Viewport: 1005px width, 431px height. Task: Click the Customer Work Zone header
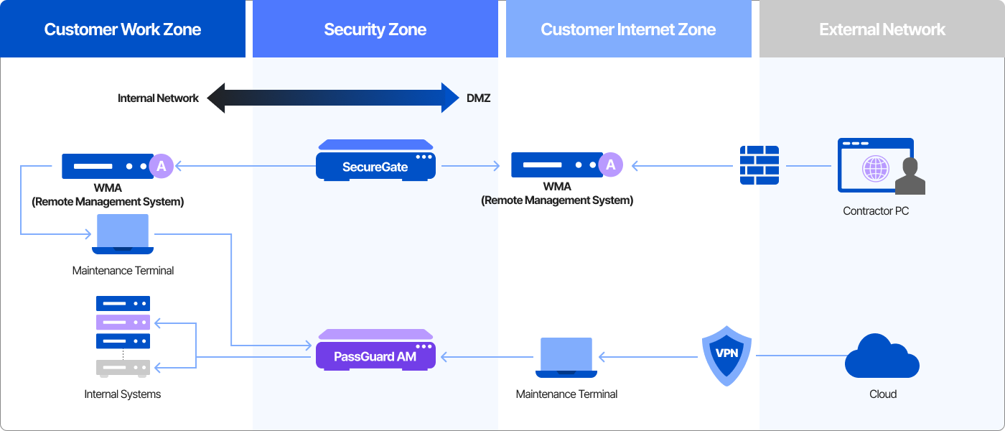tap(123, 29)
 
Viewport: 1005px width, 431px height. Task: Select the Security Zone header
tap(375, 29)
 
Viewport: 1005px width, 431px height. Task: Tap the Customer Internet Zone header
tap(628, 29)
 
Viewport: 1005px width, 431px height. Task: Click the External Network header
tap(882, 29)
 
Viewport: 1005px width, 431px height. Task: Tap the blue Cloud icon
tap(882, 356)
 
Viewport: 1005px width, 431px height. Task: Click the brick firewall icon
tap(759, 166)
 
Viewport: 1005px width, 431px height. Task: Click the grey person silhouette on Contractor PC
tap(910, 177)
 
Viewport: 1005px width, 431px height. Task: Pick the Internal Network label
tap(158, 98)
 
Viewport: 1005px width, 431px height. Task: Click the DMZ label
tap(479, 98)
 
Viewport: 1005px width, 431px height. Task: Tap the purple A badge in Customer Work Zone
tap(161, 166)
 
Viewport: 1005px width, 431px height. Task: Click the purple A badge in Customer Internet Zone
tap(611, 164)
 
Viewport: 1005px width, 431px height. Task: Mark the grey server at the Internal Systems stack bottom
tap(123, 368)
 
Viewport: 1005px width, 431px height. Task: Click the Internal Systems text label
tap(123, 394)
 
